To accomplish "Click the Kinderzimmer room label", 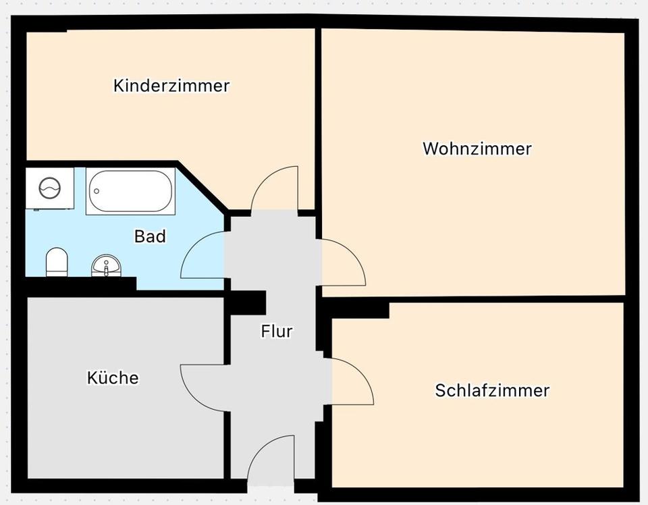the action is point(171,86).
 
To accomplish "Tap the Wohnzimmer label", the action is point(477,149).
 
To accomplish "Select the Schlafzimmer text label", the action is point(492,390).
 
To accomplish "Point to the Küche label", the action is point(113,377).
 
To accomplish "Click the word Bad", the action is point(150,236).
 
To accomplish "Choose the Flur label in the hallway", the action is point(277,331).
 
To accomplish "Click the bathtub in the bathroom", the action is point(130,191).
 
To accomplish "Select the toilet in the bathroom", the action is point(57,262).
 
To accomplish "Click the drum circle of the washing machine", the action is point(49,187).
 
